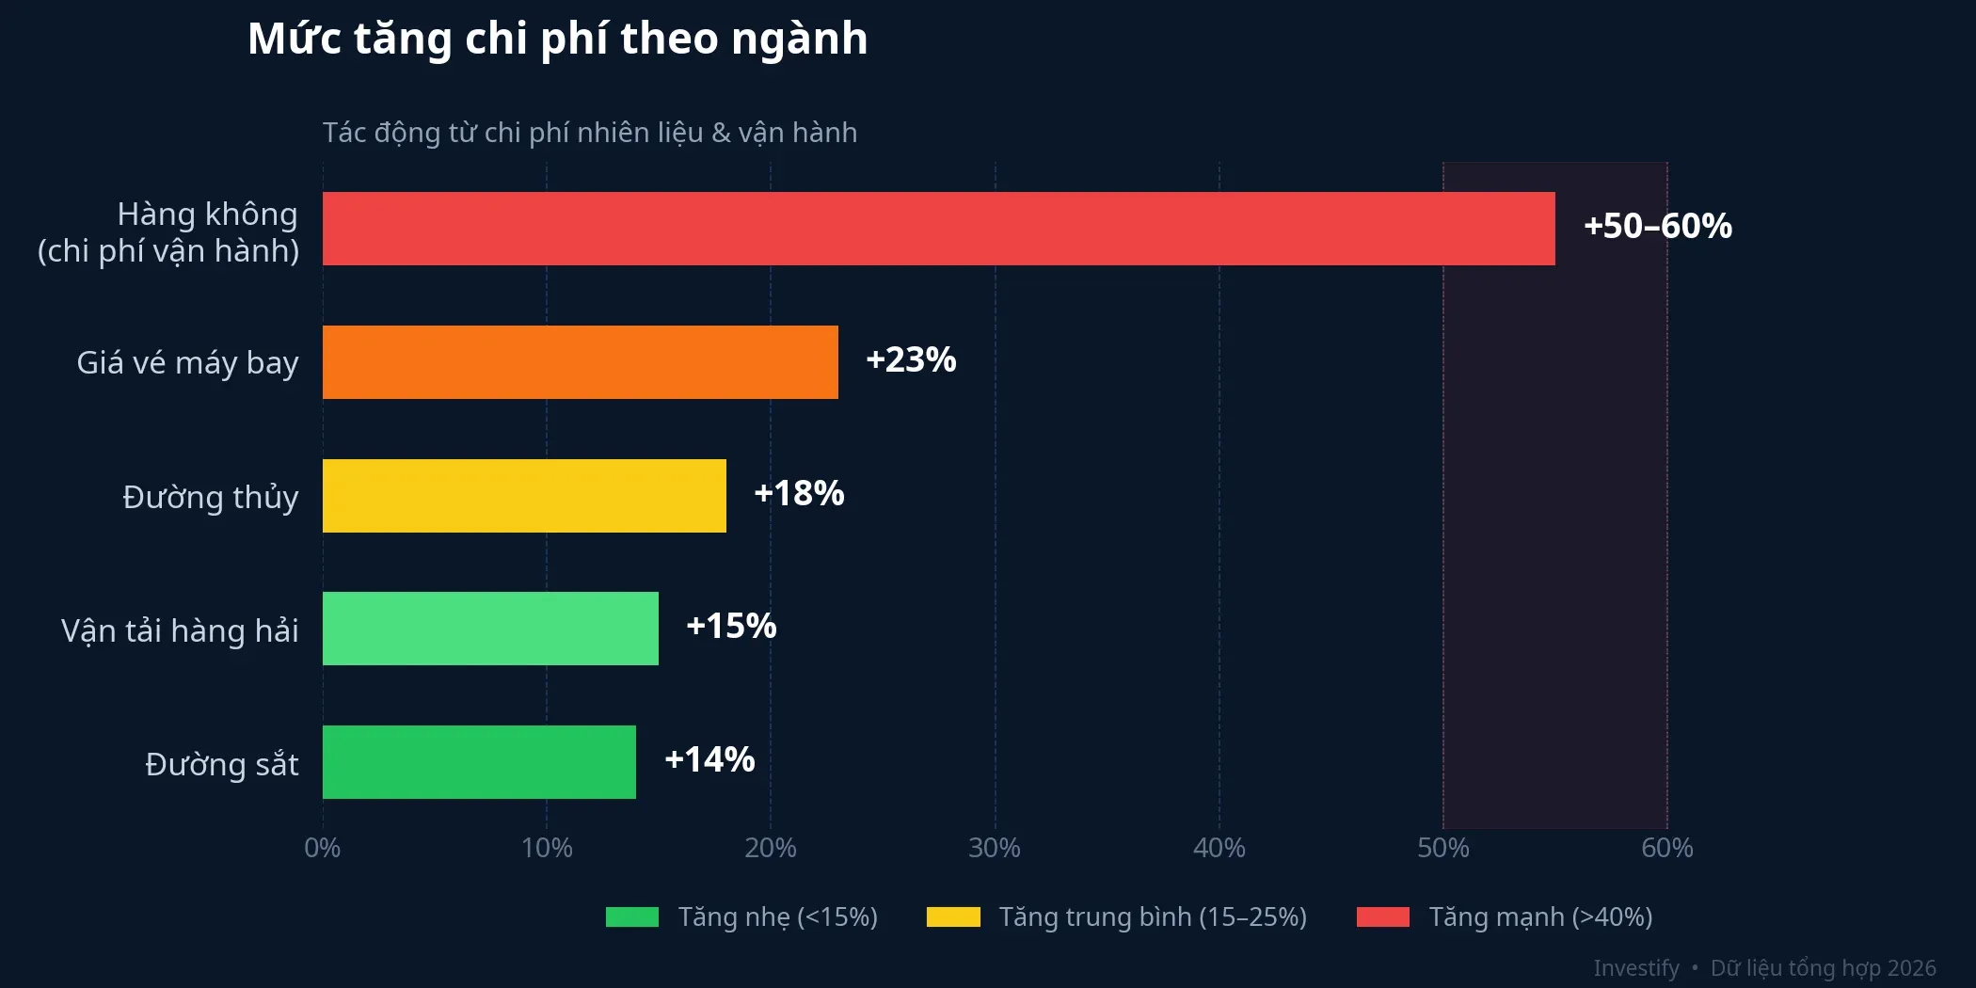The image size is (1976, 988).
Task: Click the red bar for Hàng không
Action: tap(938, 229)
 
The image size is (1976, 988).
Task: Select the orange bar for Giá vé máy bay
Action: tap(580, 362)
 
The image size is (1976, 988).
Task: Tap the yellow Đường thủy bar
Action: tap(524, 496)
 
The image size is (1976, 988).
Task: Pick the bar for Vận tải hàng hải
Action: tap(490, 629)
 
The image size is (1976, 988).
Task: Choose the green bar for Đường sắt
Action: tap(479, 762)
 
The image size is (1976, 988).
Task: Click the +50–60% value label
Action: tap(1657, 227)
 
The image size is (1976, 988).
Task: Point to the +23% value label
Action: tap(911, 359)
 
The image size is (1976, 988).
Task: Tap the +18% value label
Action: tap(799, 493)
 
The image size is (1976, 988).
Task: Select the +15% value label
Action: tap(731, 626)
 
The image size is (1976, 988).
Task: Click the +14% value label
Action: tap(709, 759)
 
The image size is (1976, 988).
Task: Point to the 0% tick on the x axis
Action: tap(323, 848)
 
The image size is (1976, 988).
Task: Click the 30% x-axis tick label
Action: tap(995, 848)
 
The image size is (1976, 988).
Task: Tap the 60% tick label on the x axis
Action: tap(1666, 848)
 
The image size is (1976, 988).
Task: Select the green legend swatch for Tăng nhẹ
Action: tap(632, 916)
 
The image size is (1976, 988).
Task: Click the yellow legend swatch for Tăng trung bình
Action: tap(953, 916)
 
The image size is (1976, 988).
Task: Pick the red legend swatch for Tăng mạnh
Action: tap(1383, 916)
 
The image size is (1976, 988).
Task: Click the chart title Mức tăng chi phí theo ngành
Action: tap(557, 40)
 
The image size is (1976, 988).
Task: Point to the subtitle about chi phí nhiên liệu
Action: tap(590, 133)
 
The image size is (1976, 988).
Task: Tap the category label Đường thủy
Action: tap(211, 497)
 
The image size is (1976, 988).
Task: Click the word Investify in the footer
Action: tap(1635, 968)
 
